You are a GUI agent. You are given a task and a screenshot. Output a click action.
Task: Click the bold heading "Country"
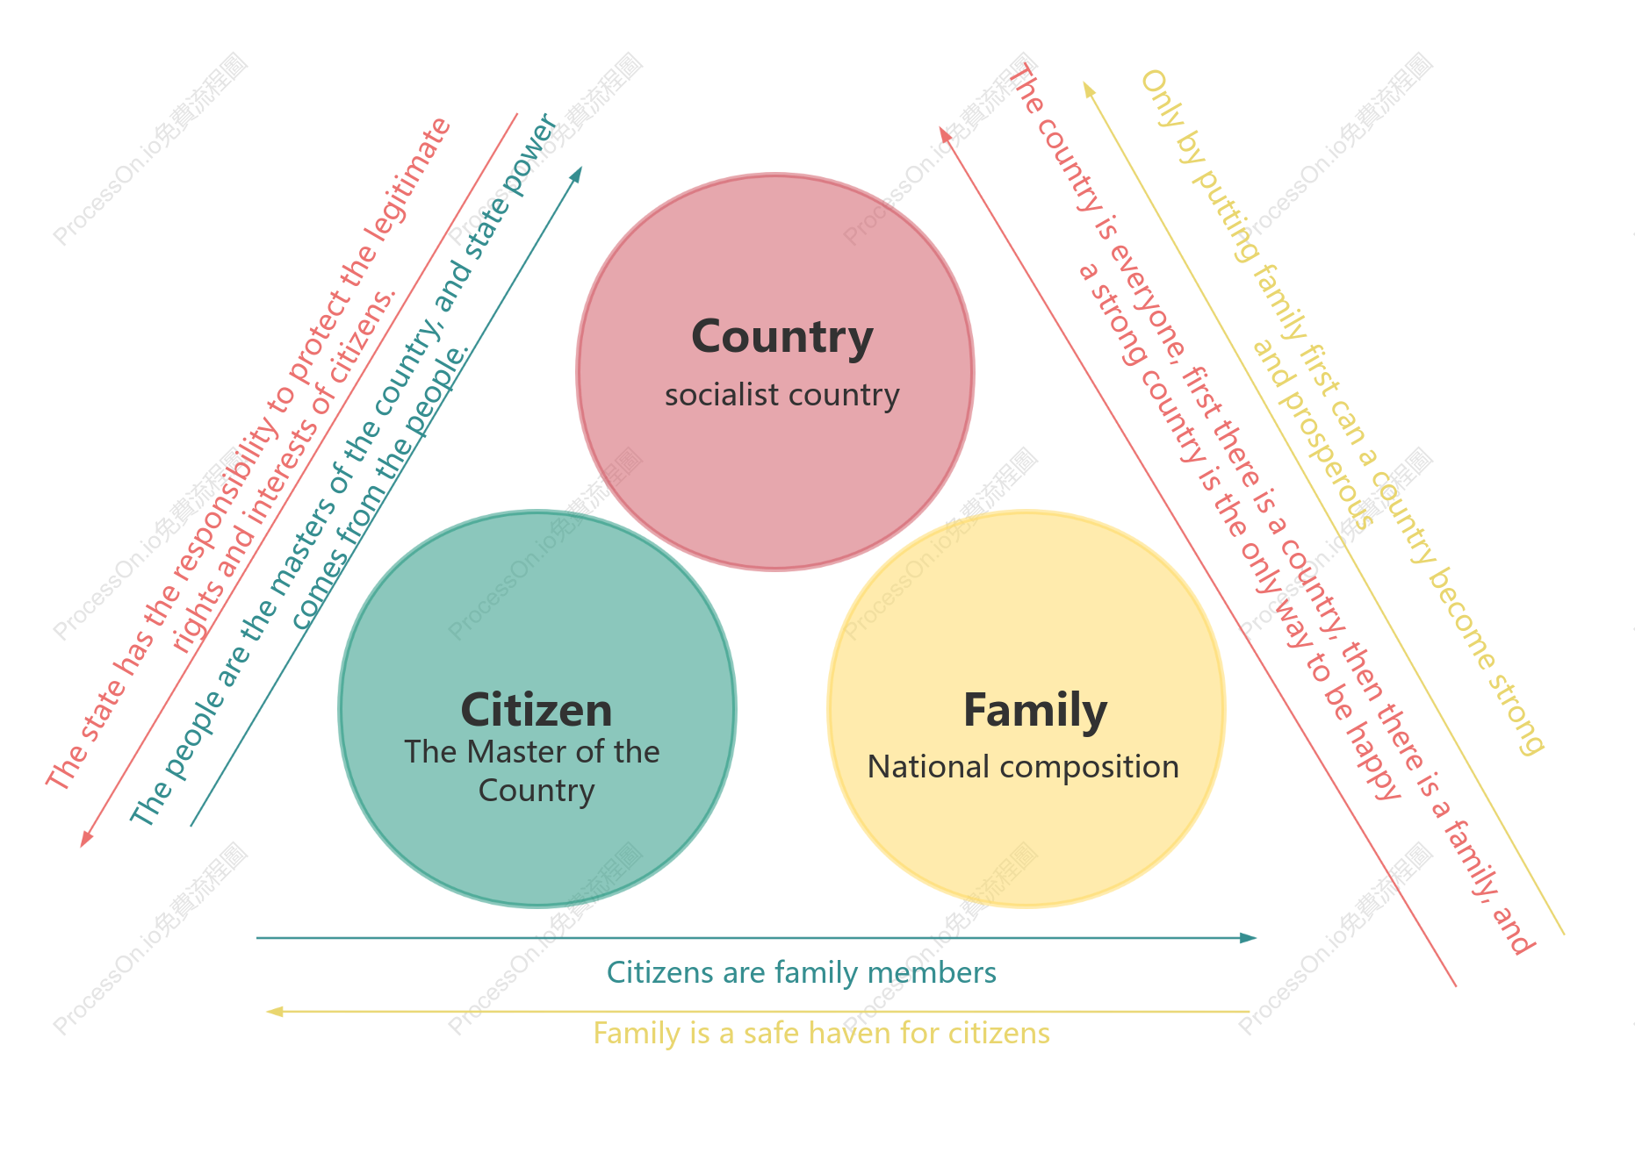(782, 338)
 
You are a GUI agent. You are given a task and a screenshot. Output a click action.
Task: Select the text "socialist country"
(782, 395)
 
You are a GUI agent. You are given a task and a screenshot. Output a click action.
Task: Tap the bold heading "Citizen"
(537, 710)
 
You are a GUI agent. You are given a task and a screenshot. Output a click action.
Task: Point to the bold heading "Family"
(1035, 712)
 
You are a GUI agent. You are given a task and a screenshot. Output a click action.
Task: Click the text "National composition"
(1023, 767)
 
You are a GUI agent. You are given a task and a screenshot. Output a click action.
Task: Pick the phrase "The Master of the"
(532, 752)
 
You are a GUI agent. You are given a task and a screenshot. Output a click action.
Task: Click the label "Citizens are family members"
(802, 972)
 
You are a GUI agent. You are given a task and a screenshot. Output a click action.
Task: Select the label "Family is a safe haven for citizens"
(822, 1033)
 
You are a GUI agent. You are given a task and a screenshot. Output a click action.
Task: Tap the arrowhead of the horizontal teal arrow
(1249, 938)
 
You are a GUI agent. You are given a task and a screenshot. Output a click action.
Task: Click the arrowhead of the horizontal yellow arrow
(275, 1012)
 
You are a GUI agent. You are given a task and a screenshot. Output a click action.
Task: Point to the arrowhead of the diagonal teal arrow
(576, 174)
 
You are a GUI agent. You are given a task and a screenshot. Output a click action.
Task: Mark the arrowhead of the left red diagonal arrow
(85, 839)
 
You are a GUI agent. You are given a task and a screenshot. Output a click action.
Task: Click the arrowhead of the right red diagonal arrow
(945, 134)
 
